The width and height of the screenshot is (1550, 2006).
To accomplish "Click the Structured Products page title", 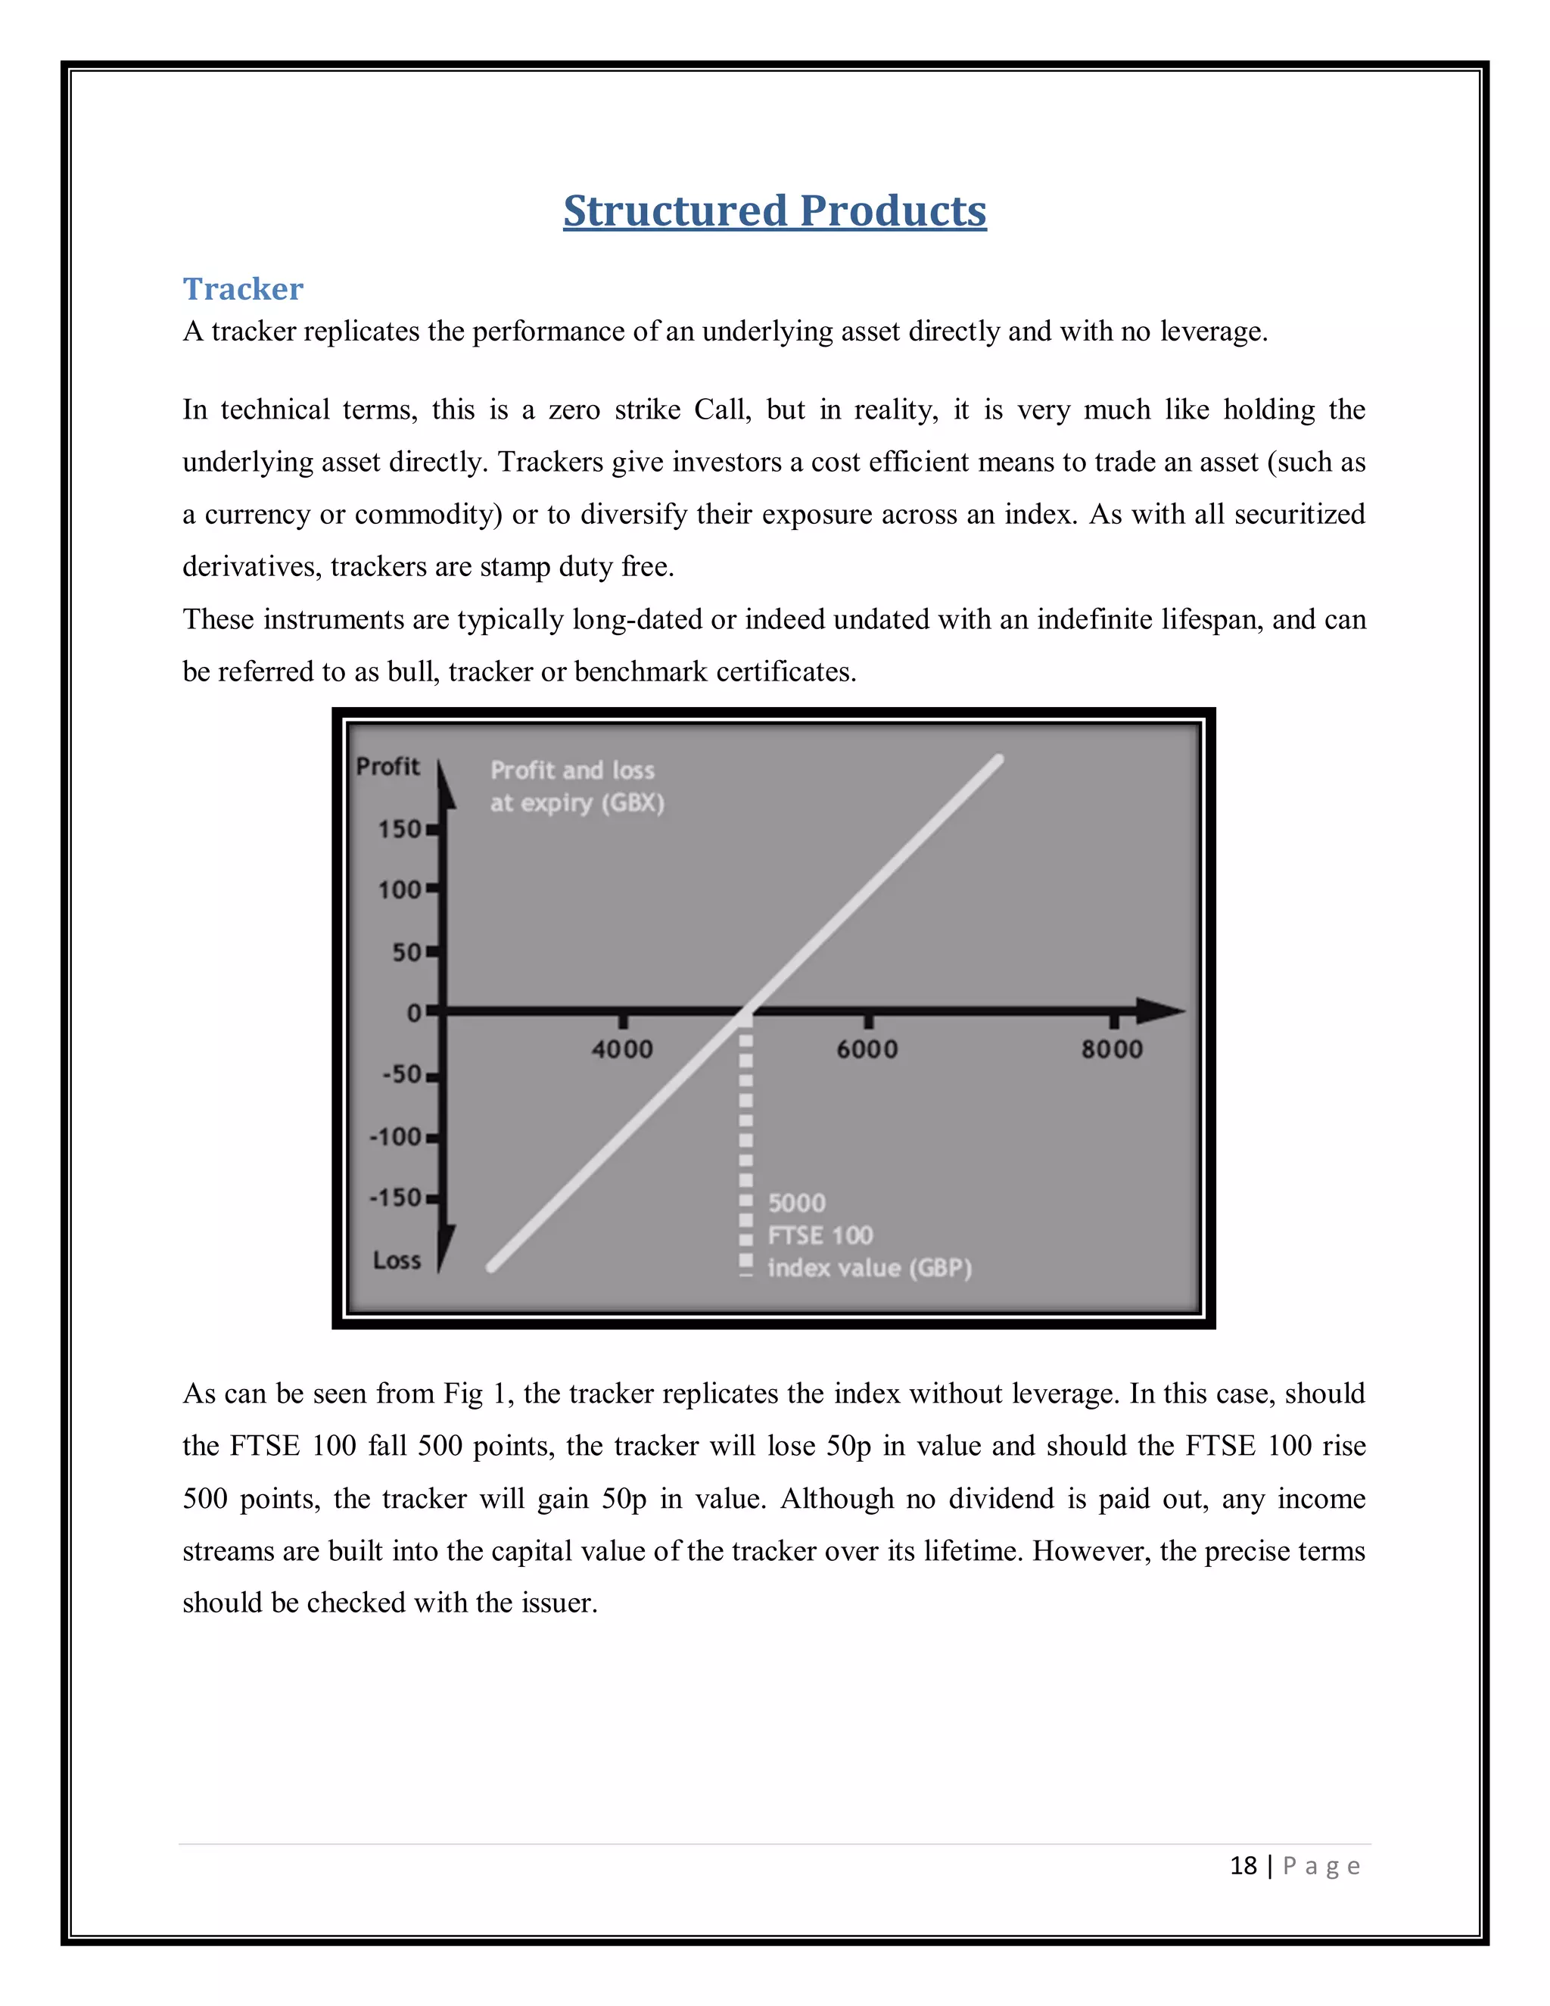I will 774,211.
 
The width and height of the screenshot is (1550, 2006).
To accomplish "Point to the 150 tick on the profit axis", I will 400,830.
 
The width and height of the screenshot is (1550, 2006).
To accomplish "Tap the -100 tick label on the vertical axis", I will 396,1137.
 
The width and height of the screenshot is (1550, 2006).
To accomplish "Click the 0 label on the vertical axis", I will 414,1013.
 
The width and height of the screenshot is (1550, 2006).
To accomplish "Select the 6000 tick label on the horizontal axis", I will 867,1049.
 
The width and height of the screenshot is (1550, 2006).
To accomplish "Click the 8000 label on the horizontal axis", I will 1112,1049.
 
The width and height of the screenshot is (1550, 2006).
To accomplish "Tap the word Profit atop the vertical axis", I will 387,766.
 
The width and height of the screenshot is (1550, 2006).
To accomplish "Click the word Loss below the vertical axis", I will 397,1260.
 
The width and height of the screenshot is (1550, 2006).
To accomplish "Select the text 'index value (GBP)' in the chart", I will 869,1269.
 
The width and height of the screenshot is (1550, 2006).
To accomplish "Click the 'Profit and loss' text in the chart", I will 572,770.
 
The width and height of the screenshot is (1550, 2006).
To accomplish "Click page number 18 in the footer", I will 1243,1865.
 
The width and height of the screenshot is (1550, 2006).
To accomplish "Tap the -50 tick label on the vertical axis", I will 402,1075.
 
